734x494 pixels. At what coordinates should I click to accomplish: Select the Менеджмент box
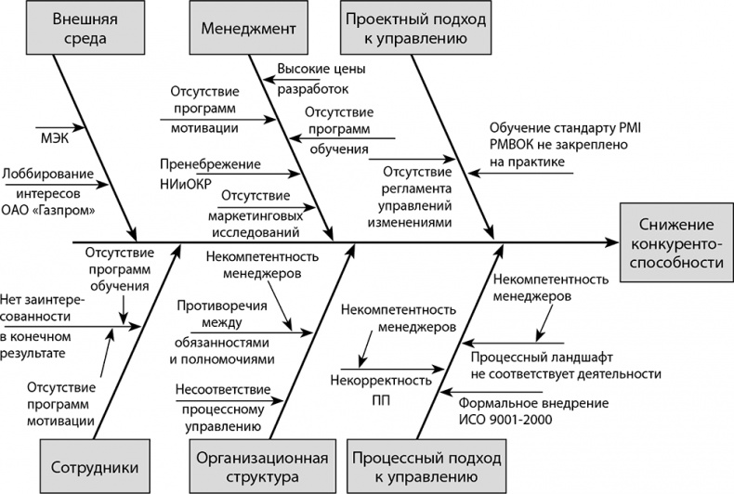[x=248, y=29]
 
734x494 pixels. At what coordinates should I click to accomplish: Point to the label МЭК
[x=57, y=141]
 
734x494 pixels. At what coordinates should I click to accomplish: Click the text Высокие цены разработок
[x=310, y=78]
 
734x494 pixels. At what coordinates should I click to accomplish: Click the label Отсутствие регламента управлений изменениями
[x=417, y=197]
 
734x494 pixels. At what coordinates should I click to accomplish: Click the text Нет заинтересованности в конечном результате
[x=37, y=327]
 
